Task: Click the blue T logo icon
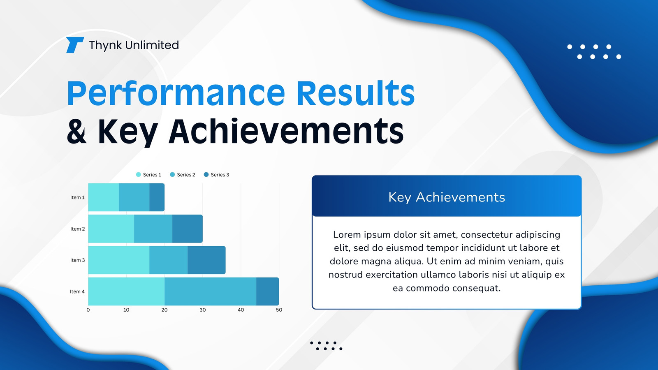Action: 75,45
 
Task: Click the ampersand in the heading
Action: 76,132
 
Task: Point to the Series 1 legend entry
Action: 148,175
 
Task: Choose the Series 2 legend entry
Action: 183,175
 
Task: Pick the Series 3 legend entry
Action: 216,175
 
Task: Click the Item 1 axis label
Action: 77,197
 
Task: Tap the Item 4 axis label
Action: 77,291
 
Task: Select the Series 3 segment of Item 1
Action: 157,197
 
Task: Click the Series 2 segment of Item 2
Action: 153,229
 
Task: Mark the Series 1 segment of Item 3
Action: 119,260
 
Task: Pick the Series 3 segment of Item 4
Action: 268,291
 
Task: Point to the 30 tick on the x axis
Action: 203,310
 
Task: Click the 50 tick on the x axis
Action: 279,310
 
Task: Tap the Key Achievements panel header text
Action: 447,197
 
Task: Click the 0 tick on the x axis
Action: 88,310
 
